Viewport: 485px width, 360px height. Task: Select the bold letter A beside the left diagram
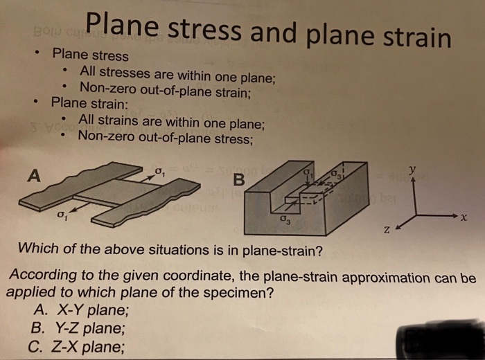click(x=32, y=176)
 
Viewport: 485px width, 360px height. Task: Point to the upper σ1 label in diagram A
click(x=160, y=170)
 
